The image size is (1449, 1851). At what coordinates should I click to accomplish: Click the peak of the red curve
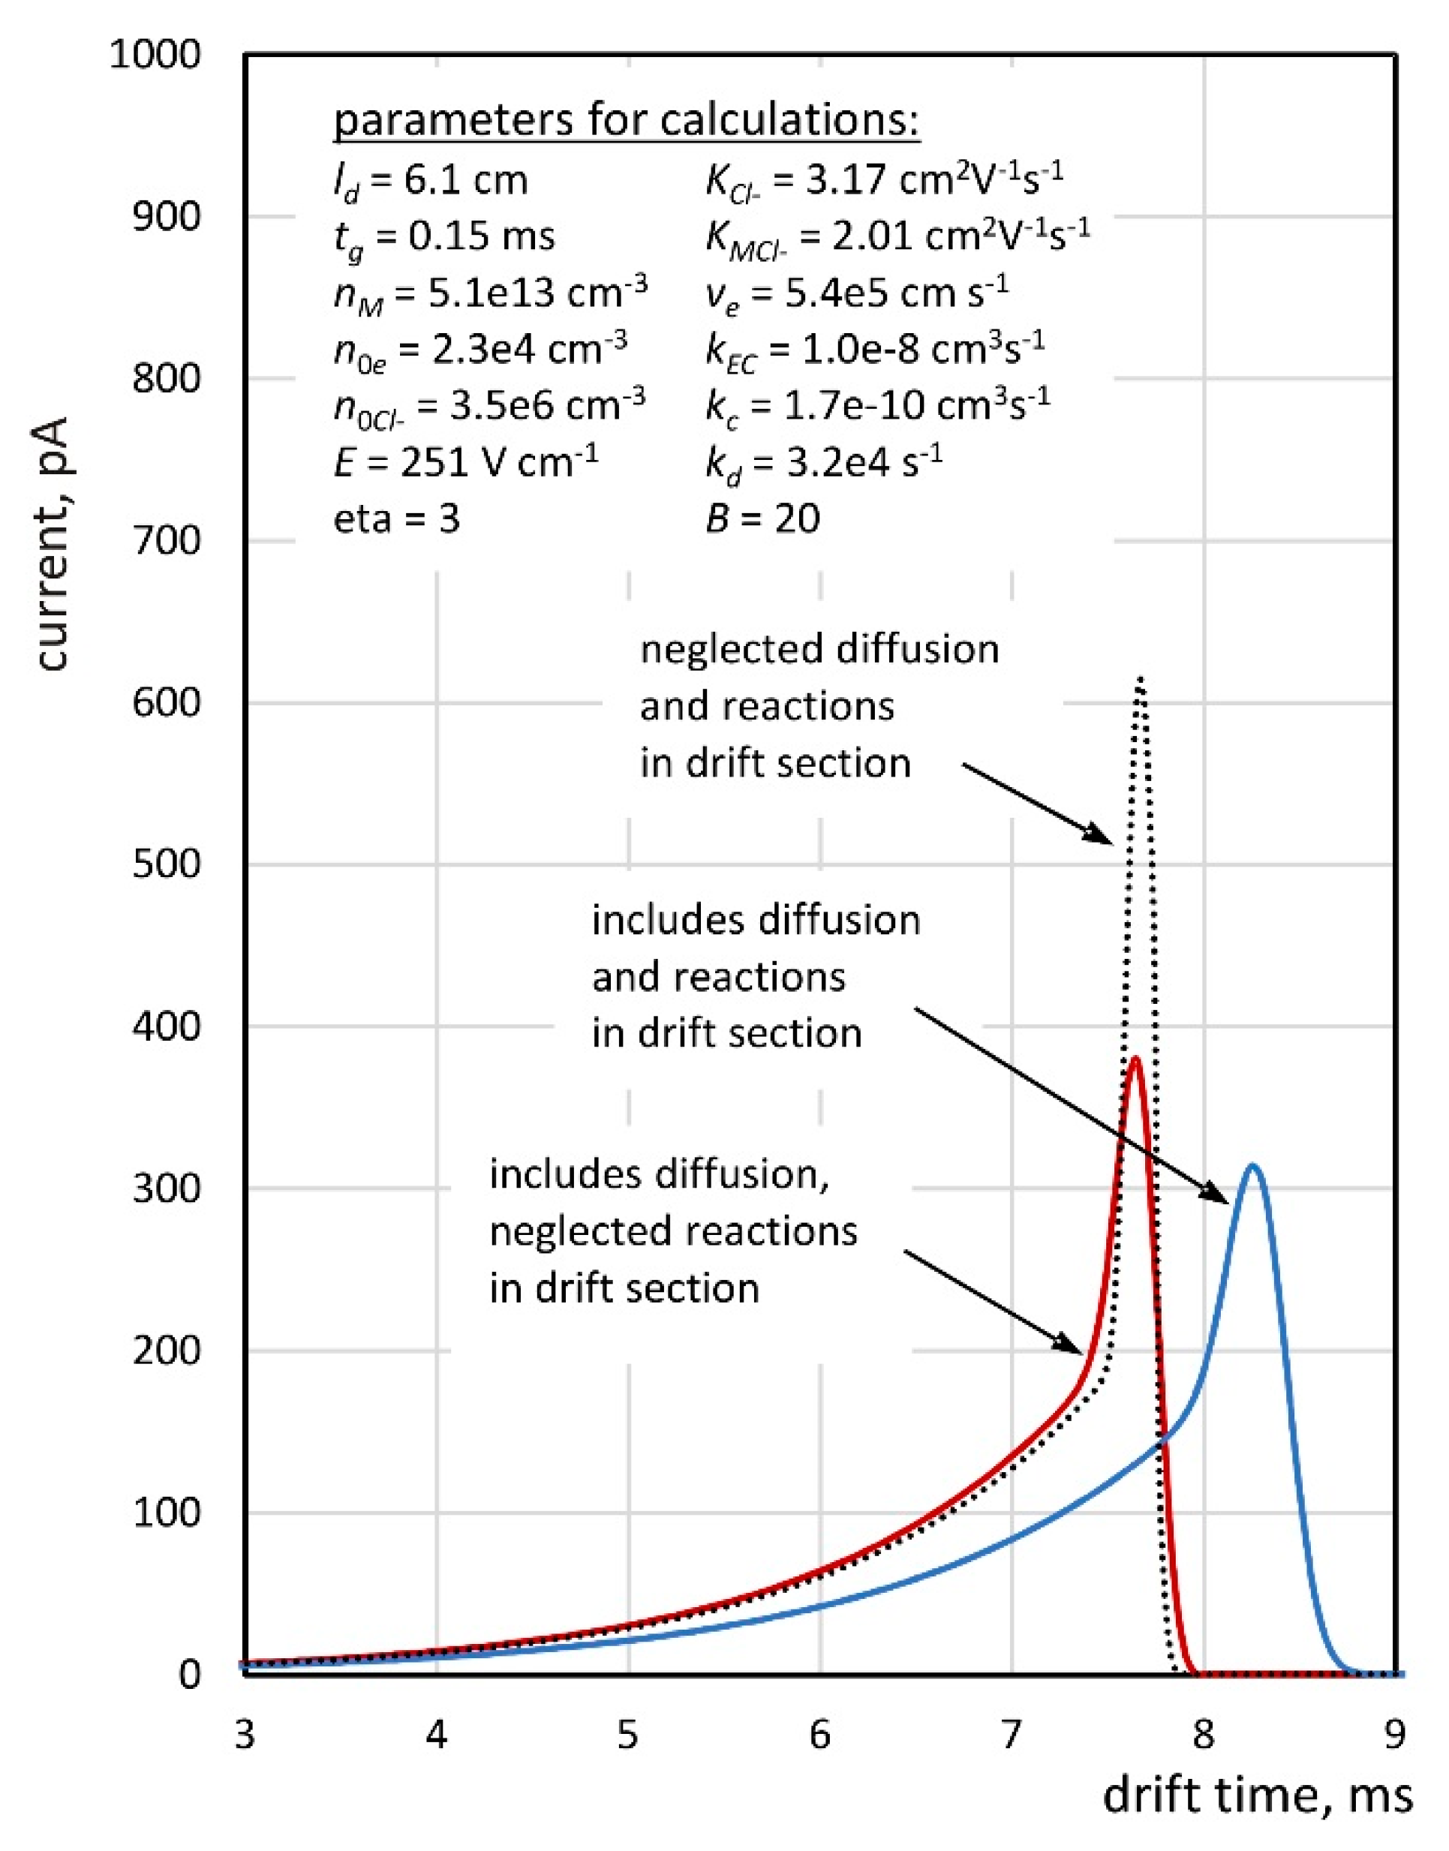click(x=1135, y=1059)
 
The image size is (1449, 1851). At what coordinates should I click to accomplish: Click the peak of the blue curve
click(x=1252, y=1165)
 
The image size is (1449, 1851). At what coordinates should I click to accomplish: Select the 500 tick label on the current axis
click(x=167, y=864)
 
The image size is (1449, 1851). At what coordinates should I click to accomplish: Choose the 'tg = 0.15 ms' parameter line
click(x=444, y=236)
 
